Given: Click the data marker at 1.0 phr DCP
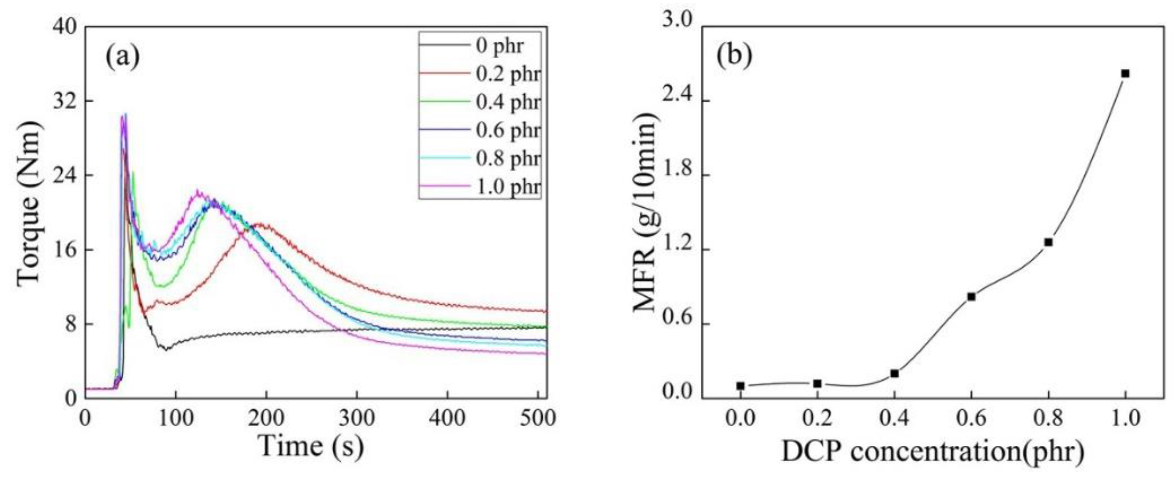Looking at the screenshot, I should click(x=1125, y=73).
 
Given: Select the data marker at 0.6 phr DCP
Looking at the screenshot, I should click(x=971, y=297).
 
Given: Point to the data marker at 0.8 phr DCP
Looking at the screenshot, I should click(x=1048, y=242).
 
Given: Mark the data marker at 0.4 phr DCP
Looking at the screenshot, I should click(x=894, y=373).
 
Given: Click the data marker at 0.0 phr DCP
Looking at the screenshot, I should click(x=741, y=386).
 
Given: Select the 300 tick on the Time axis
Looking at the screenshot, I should click(x=357, y=418).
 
